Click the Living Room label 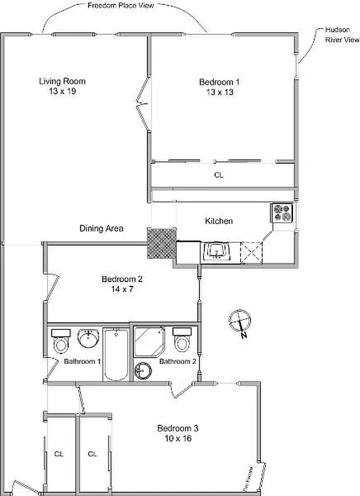(62, 81)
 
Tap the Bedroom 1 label (219, 82)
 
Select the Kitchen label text (219, 221)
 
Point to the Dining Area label (101, 229)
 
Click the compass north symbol (240, 323)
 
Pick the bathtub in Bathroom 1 (116, 355)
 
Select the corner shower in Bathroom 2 (149, 342)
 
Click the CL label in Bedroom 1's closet (218, 175)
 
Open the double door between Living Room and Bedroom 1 (144, 102)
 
